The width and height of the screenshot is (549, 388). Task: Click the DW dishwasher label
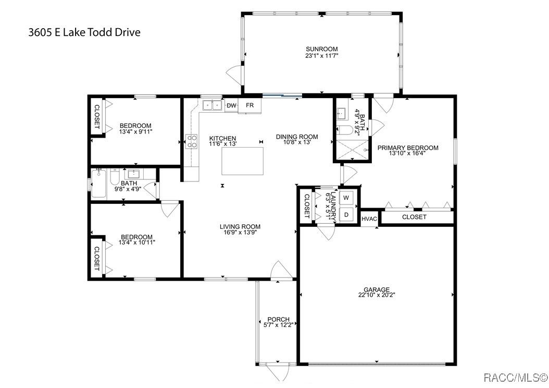coord(231,105)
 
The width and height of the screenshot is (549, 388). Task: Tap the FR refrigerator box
coord(249,106)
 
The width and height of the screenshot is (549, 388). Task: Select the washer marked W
coord(346,198)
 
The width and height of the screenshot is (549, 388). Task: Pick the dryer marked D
coord(346,214)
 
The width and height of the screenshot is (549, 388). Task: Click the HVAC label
coord(369,219)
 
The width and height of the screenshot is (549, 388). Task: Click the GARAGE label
coord(377,289)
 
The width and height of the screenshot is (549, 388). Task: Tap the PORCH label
coord(278,319)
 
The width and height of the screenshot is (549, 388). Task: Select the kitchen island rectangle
coord(242,161)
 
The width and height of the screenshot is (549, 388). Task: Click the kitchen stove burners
coord(192,141)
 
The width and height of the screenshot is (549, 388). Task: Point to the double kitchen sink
coord(212,105)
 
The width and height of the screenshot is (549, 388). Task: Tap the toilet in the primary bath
coord(345,130)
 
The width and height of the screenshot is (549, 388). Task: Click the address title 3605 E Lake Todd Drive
coord(84,32)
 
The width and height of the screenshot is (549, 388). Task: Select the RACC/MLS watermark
coord(516,378)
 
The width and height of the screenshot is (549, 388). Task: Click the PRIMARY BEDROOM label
coord(408,148)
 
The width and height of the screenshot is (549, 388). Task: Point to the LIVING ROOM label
coord(240,226)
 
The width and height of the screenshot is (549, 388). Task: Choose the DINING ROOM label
coord(297,137)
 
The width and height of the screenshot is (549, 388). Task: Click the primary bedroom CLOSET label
coord(414,217)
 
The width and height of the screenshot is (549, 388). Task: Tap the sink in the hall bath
coord(133,174)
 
